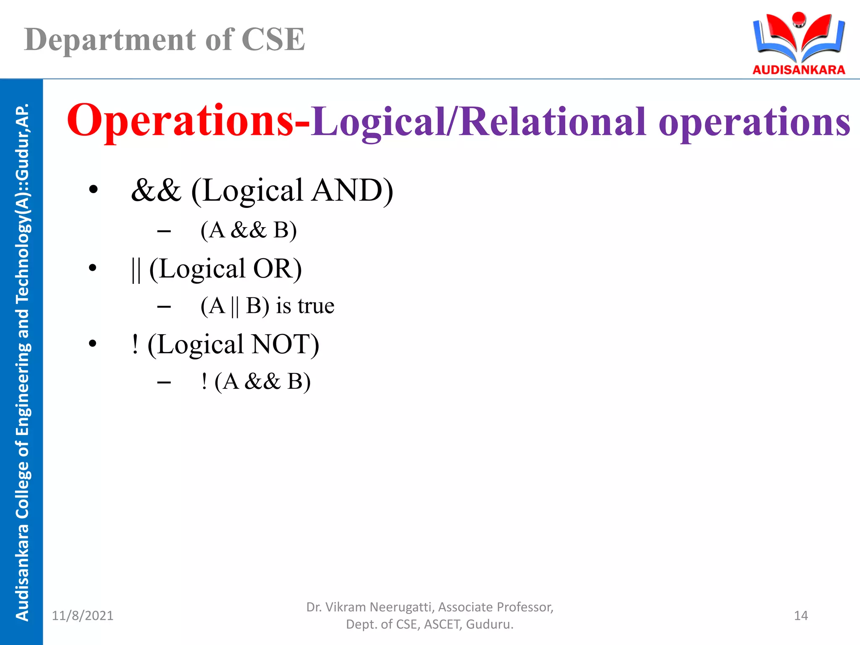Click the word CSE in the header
pos(273,40)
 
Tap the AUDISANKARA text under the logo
pos(799,70)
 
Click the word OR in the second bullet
pos(277,269)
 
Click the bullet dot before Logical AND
pos(93,190)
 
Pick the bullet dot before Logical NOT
pos(93,344)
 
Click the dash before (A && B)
pos(164,231)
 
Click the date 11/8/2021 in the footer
pos(83,616)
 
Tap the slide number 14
pos(801,616)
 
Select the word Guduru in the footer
pos(489,624)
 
